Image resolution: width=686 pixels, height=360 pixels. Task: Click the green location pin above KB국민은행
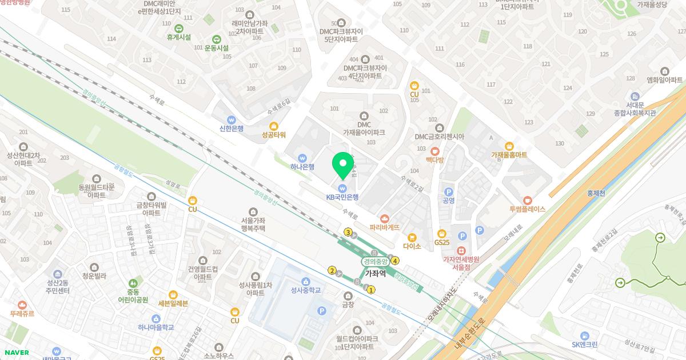[343, 165]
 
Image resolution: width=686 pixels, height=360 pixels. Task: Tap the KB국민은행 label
[342, 197]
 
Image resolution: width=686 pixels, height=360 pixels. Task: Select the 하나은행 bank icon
[302, 158]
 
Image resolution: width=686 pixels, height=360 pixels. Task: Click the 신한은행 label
[232, 129]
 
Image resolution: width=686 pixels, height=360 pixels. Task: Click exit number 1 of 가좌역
[371, 290]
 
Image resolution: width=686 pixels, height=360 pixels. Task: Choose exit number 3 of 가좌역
[348, 232]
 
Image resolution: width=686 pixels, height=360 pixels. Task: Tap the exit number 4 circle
[395, 261]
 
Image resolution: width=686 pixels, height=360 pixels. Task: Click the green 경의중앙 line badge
[376, 261]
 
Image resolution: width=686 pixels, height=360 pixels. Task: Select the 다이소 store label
[412, 246]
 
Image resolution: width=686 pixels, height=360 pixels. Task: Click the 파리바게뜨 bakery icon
[385, 218]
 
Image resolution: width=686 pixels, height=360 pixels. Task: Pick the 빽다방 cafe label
[434, 161]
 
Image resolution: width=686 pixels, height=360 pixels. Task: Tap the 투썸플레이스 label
[527, 209]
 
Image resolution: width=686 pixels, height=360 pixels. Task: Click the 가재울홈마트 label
[509, 155]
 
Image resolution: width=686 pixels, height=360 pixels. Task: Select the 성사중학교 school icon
[305, 281]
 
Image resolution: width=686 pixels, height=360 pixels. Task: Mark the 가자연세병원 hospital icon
[461, 250]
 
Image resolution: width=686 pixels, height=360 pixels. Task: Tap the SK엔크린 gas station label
[584, 345]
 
